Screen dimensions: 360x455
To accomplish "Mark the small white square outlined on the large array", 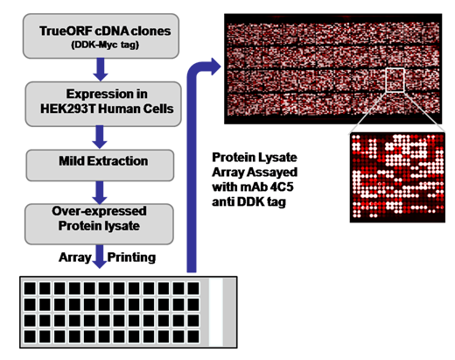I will pyautogui.click(x=395, y=80).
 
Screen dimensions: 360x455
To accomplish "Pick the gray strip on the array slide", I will pyautogui.click(x=228, y=312).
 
